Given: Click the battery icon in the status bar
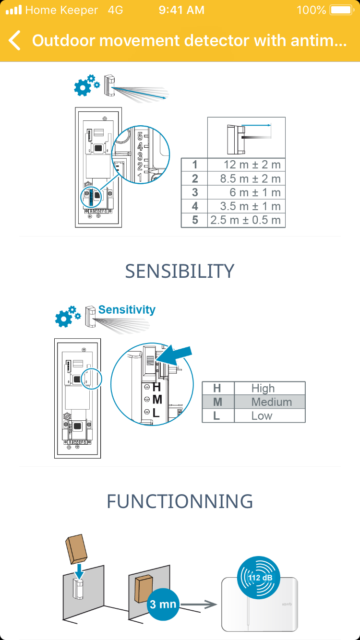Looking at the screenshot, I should [x=341, y=10].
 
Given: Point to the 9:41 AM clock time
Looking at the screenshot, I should [x=181, y=10].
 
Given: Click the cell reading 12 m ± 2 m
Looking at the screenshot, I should [x=246, y=165].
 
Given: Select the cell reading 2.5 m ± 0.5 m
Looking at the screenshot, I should [x=246, y=220].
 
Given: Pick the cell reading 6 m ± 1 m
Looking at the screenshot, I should [x=246, y=192].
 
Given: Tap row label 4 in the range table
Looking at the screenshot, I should [x=194, y=206].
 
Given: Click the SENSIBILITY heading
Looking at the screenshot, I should [x=180, y=272].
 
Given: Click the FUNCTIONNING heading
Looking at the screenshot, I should [x=180, y=501].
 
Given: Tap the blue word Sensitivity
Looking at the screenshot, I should [x=127, y=309].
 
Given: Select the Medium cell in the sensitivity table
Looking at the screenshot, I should [x=271, y=402].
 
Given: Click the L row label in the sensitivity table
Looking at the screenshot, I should [x=217, y=416].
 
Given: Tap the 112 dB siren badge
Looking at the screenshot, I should [x=260, y=577].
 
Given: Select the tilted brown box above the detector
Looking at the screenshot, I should [x=76, y=549].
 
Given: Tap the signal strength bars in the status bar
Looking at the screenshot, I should [x=13, y=10].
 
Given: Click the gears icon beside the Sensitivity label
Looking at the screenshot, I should [x=66, y=316].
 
